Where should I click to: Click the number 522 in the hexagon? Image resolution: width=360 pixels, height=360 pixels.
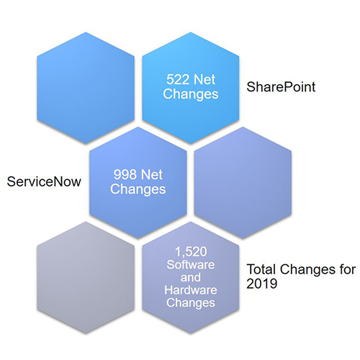coord(178,79)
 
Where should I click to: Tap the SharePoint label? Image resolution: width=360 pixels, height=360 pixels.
coord(281,87)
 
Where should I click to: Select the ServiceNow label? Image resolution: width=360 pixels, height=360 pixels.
coord(44,181)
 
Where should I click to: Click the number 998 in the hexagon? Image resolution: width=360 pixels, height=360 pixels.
coord(125,174)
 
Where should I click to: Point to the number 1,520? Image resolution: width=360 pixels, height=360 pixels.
coord(191,252)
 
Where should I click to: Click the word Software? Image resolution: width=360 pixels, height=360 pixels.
coord(191,265)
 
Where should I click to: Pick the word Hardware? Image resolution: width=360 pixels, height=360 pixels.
coord(191,290)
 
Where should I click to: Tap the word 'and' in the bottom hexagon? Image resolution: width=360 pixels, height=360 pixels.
coord(191,277)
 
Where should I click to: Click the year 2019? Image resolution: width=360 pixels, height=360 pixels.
coord(262,284)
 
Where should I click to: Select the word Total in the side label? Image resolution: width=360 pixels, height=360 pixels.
coord(261,269)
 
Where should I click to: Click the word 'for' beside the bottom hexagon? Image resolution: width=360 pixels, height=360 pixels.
coord(347,269)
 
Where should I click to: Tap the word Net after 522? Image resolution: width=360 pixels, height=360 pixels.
coord(204,79)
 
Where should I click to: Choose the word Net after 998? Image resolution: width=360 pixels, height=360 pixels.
coord(152,174)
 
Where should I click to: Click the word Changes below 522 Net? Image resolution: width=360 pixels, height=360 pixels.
coord(191,94)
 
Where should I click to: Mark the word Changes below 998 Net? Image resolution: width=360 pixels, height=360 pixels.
coord(138,189)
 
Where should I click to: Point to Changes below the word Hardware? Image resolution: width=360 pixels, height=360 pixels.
coord(191,302)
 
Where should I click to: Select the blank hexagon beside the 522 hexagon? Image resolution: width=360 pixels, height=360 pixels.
coord(86,88)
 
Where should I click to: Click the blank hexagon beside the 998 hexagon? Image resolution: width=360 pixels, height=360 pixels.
coord(243,183)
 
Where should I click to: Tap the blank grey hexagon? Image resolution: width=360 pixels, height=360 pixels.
coord(86,277)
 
